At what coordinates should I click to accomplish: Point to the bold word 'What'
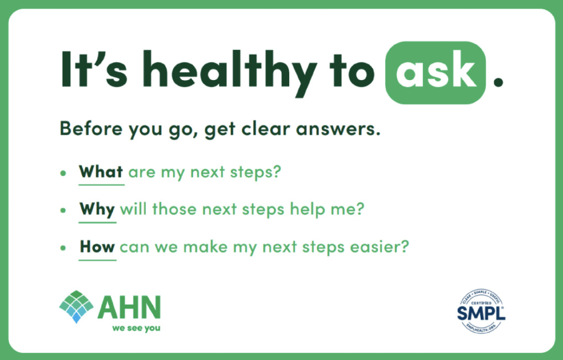pos(101,172)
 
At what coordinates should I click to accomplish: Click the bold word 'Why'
pos(97,210)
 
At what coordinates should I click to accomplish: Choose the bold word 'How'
pos(97,246)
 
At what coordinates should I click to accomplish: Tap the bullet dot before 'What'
pos(63,173)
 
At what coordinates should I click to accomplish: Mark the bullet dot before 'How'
pos(63,247)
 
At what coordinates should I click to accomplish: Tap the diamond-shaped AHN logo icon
pos(76,306)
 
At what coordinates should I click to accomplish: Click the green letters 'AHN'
pos(129,308)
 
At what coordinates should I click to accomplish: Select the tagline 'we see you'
pos(136,329)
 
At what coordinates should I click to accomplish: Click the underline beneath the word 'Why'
pos(97,223)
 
